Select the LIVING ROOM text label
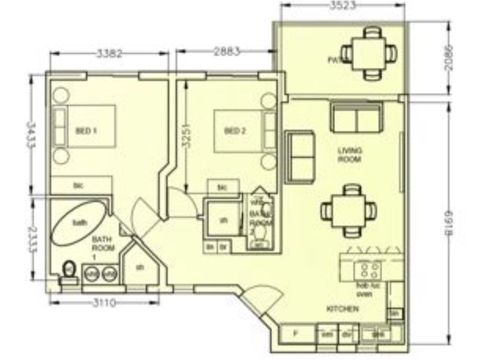pyautogui.click(x=348, y=155)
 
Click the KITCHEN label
pyautogui.click(x=343, y=309)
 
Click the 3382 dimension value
pyautogui.click(x=109, y=53)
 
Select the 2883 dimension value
pyautogui.click(x=226, y=52)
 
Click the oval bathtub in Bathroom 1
pyautogui.click(x=80, y=222)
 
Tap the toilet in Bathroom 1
pyautogui.click(x=69, y=271)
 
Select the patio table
pyautogui.click(x=366, y=53)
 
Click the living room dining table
pyautogui.click(x=349, y=211)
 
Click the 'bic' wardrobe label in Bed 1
pyautogui.click(x=77, y=185)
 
